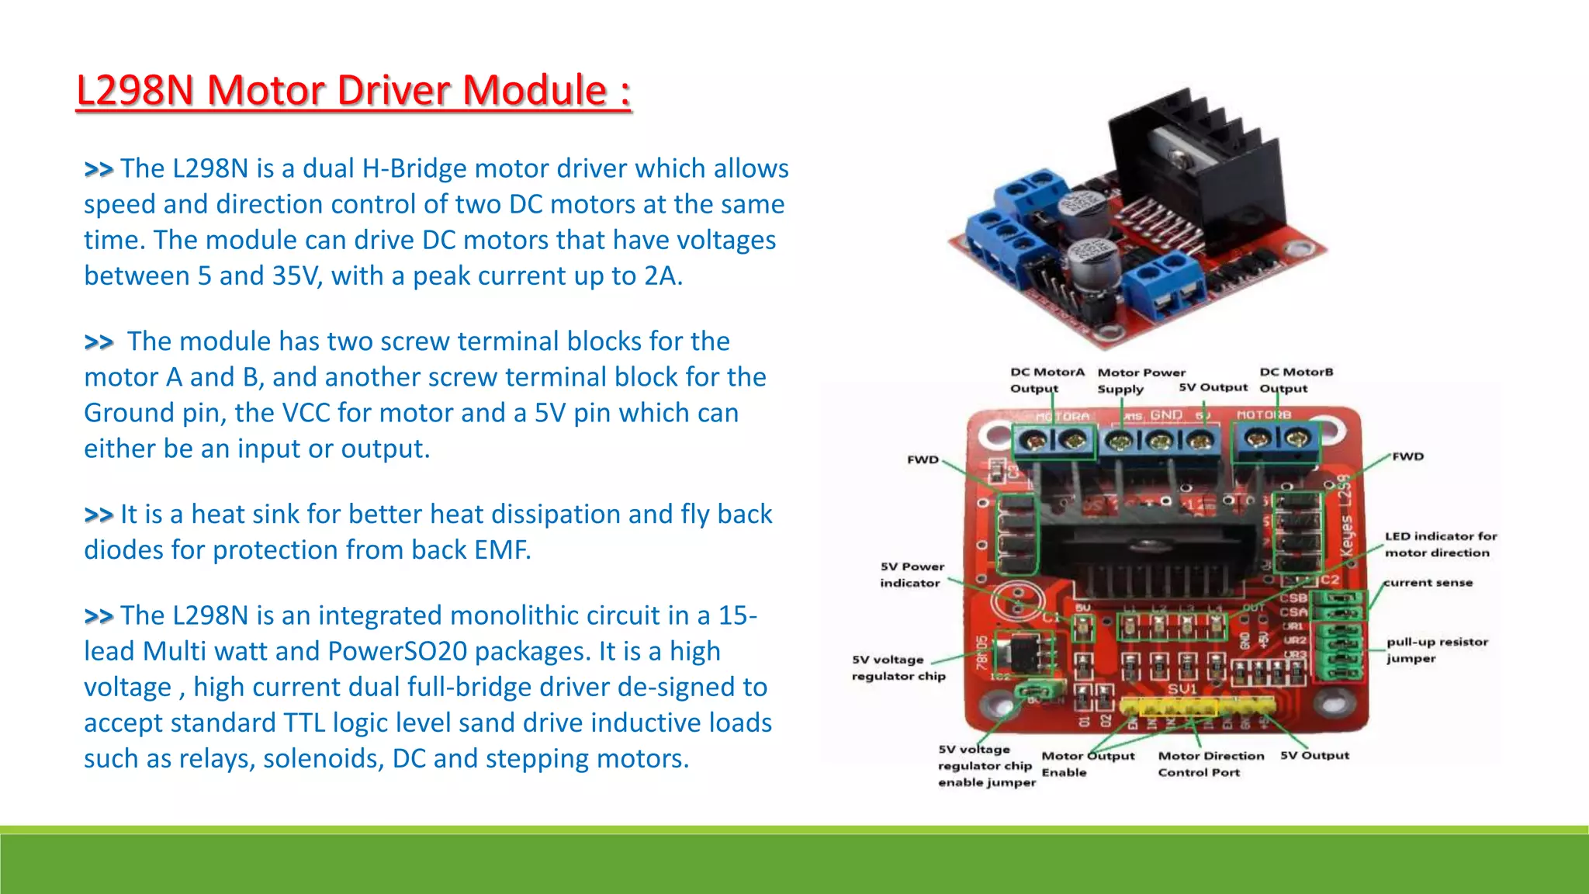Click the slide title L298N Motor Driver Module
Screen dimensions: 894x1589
click(353, 90)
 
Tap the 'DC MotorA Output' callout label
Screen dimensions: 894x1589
click(1046, 380)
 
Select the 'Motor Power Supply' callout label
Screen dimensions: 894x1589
click(1141, 380)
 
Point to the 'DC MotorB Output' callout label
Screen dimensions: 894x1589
click(1296, 380)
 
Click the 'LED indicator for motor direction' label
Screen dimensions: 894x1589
click(1440, 544)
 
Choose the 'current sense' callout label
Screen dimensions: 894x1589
click(1428, 582)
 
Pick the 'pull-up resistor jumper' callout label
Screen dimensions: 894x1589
click(1437, 650)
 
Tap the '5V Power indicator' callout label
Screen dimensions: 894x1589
click(912, 574)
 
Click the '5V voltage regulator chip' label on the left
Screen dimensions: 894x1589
click(898, 667)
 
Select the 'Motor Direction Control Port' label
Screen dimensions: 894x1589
click(1210, 764)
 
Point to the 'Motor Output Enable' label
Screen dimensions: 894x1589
click(1086, 764)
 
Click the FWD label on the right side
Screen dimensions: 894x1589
click(1407, 456)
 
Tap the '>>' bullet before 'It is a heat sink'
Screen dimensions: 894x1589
click(99, 515)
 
